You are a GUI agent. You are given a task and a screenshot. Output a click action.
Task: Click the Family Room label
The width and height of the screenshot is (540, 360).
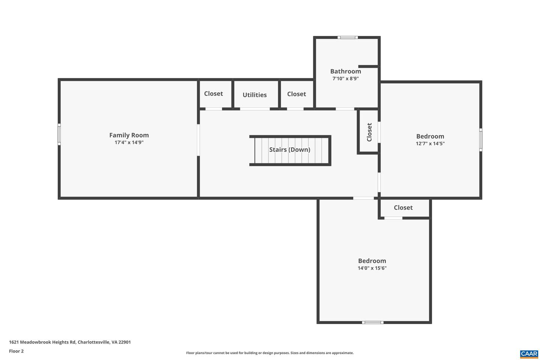coord(129,135)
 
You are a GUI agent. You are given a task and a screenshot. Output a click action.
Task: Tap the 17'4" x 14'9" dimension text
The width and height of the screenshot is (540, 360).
coord(129,142)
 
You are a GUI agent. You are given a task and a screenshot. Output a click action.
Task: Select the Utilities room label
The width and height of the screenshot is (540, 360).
coord(255,95)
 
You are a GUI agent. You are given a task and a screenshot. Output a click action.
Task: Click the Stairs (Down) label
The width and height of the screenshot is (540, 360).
coord(289,150)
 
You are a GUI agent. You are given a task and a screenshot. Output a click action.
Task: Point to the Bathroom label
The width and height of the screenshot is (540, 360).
coord(345,71)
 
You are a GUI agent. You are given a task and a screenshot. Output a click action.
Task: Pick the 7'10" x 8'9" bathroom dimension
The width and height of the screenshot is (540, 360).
coord(345,79)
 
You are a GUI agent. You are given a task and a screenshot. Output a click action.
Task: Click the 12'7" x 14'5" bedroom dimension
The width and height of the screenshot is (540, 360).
coord(430,144)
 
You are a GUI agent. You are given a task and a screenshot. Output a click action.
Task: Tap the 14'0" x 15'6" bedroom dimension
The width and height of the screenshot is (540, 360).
coord(372,268)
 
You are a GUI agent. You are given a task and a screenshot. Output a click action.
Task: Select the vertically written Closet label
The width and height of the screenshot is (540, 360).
coord(369,132)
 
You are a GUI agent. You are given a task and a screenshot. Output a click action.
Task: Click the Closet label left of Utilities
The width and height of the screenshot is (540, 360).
coord(213,94)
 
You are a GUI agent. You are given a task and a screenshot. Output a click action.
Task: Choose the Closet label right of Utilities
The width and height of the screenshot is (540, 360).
coord(296,94)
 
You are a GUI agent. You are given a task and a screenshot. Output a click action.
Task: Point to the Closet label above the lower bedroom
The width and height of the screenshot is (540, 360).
coord(403,208)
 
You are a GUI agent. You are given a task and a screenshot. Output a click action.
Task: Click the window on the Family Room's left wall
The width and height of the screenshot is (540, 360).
coord(59,134)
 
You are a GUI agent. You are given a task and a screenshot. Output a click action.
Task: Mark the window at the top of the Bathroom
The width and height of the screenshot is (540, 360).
coord(348,37)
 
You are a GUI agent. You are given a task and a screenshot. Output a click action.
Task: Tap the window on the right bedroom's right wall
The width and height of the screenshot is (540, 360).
coord(481,140)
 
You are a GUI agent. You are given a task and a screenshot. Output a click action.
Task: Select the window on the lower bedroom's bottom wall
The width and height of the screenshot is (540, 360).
coord(373,322)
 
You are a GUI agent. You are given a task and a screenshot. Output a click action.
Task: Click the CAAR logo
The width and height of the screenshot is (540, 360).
coord(529,354)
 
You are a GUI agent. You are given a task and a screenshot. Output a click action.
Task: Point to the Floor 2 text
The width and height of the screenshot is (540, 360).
coord(16,351)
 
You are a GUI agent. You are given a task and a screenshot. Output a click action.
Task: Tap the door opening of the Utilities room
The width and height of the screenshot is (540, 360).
coord(255,109)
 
